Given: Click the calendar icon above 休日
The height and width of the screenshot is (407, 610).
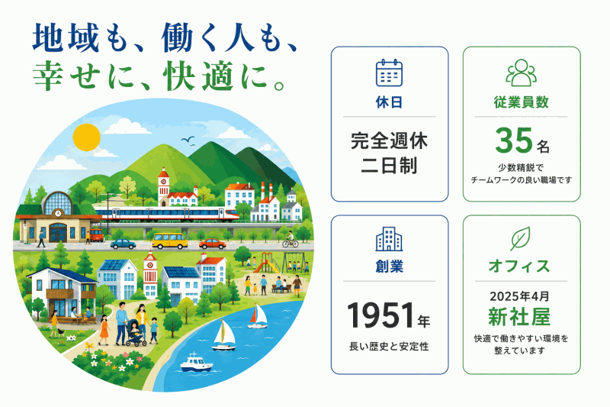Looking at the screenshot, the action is (x=389, y=73).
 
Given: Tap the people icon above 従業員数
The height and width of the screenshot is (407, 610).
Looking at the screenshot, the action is (x=522, y=73).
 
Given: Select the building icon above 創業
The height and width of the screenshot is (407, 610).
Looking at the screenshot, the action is (x=389, y=239).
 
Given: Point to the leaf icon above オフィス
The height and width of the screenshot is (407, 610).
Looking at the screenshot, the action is (x=520, y=239).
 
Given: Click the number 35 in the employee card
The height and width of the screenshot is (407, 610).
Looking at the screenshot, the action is (x=513, y=141).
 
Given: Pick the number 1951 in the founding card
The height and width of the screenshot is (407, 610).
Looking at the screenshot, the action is (x=380, y=315).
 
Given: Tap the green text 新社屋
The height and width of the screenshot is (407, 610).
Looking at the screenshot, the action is (x=519, y=317).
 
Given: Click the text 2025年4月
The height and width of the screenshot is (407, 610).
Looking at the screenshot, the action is (x=519, y=296).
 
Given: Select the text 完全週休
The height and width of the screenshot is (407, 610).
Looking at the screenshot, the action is (x=389, y=141).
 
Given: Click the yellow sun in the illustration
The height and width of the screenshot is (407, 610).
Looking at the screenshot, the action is (x=86, y=137).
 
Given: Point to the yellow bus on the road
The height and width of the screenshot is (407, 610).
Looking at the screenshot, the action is (x=169, y=241).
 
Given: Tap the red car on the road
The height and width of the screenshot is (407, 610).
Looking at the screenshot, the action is (x=213, y=244).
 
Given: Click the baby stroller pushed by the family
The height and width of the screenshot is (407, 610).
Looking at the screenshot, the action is (x=136, y=334).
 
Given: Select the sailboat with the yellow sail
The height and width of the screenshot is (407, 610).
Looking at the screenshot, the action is (x=224, y=335).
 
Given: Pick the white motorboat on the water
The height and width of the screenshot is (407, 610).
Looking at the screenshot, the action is (x=197, y=362).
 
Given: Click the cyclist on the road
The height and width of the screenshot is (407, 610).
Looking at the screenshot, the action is (x=291, y=240).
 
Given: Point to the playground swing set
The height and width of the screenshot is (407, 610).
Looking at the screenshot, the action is (x=297, y=263).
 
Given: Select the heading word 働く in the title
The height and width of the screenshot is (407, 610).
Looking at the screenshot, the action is (x=189, y=38).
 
